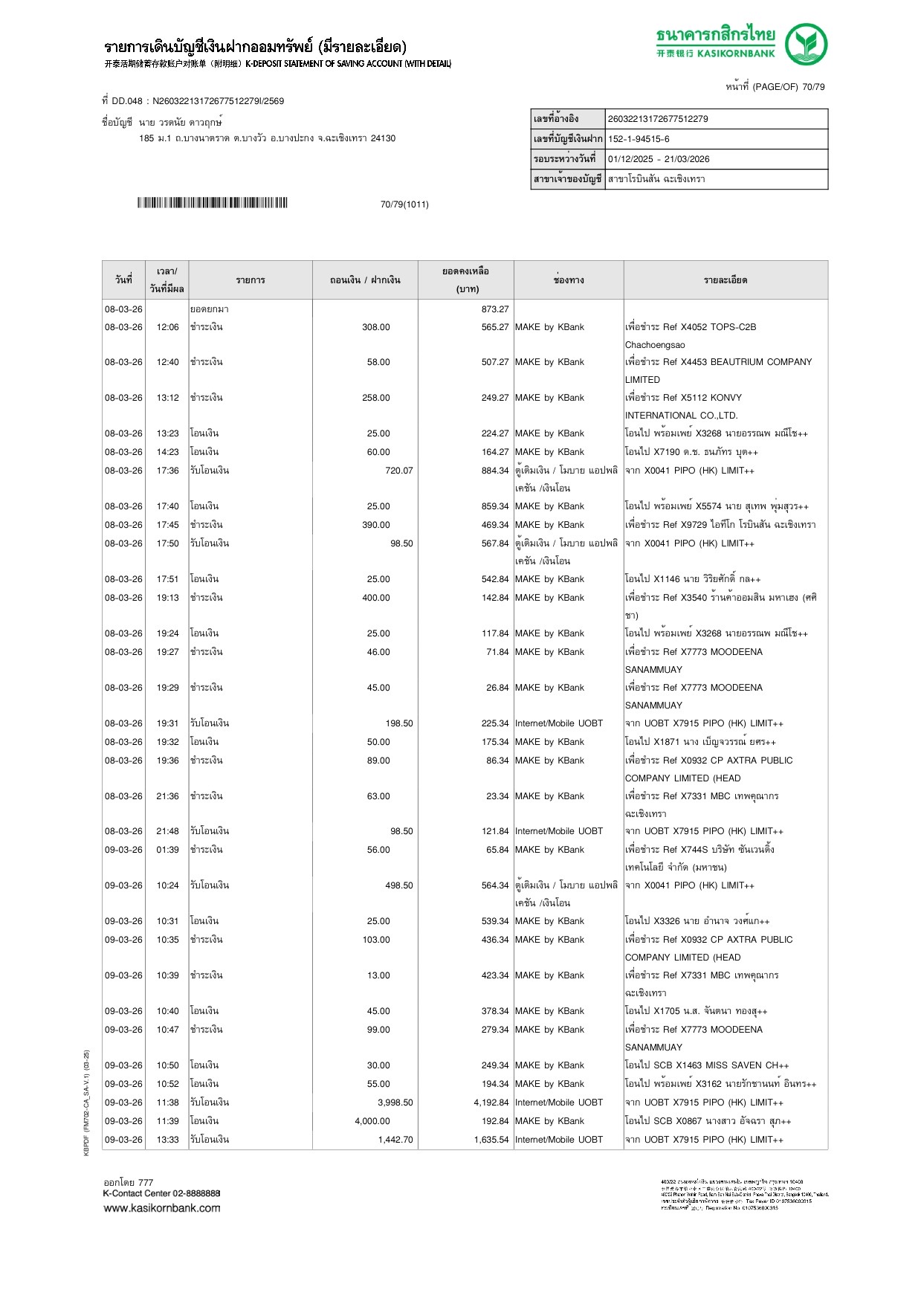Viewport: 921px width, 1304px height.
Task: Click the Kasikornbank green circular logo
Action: [806, 44]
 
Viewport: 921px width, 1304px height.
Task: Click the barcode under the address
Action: [212, 203]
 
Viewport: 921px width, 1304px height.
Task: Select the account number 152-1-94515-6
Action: [639, 139]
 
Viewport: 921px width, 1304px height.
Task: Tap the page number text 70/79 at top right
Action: [813, 87]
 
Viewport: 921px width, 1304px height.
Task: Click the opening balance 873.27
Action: [495, 309]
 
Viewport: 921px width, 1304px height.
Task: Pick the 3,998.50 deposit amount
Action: [395, 1103]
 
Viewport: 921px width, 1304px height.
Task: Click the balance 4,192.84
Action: [491, 1103]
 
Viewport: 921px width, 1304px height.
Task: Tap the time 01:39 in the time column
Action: [167, 850]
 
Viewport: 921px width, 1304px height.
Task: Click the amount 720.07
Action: [399, 471]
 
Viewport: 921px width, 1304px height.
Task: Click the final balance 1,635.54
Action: [491, 1140]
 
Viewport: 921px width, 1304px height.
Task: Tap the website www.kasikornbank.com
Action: [162, 1208]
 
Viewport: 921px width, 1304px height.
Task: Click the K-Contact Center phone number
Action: [196, 1193]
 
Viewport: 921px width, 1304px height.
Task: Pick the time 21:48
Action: [167, 831]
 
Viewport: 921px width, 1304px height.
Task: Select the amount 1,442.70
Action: [395, 1140]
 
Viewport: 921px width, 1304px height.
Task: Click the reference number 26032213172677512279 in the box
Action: [658, 119]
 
